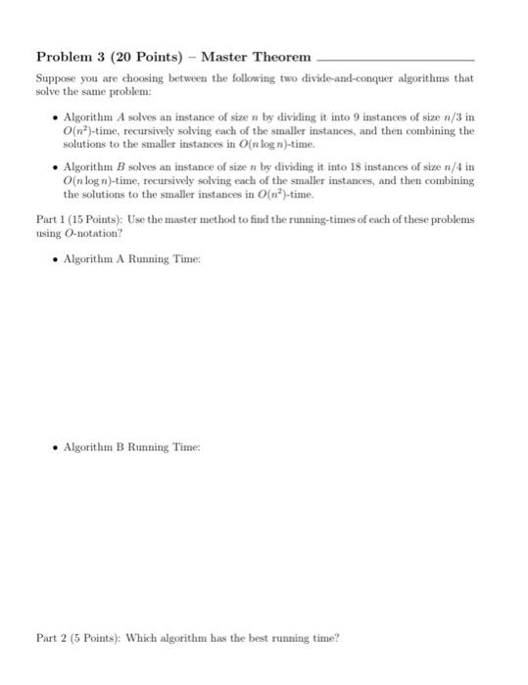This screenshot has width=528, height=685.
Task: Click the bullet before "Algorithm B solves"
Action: pyautogui.click(x=53, y=167)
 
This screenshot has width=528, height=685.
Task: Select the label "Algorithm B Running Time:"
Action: pyautogui.click(x=130, y=447)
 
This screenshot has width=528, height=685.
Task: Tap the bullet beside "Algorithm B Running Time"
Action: pyautogui.click(x=53, y=447)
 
